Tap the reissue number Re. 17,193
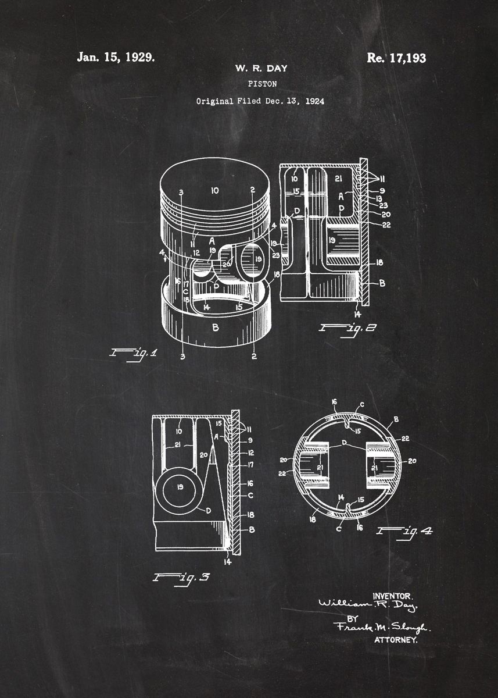tap(396, 58)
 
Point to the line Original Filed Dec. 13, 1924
tap(260, 101)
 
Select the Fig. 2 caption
tap(347, 328)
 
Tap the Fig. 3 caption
tap(181, 578)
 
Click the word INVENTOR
tap(392, 596)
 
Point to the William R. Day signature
tap(368, 606)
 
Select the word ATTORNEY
tap(396, 640)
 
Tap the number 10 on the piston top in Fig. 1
tap(214, 190)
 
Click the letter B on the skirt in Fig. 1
tap(216, 328)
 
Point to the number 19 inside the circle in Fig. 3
tap(180, 487)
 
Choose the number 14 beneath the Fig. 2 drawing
tap(357, 314)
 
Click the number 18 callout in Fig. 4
tap(313, 519)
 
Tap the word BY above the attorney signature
tap(353, 618)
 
